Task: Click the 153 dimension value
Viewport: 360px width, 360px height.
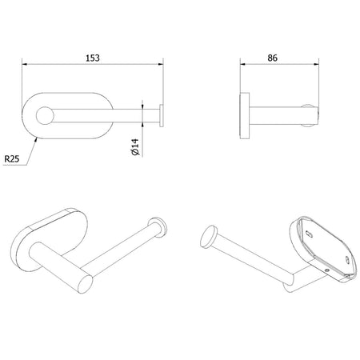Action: pyautogui.click(x=93, y=58)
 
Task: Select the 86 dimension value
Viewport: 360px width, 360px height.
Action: pyautogui.click(x=272, y=58)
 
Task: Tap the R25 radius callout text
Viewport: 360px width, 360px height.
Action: pyautogui.click(x=12, y=159)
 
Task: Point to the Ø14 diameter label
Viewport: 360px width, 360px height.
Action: pyautogui.click(x=135, y=147)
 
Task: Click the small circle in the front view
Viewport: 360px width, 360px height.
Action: pyautogui.click(x=45, y=116)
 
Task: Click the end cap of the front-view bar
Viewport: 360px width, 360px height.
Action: pyautogui.click(x=162, y=116)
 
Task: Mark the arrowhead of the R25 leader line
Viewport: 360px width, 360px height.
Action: pyautogui.click(x=36, y=138)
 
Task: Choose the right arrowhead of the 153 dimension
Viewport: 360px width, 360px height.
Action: pyautogui.click(x=161, y=64)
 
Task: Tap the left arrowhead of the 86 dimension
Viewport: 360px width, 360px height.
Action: pyautogui.click(x=242, y=64)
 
